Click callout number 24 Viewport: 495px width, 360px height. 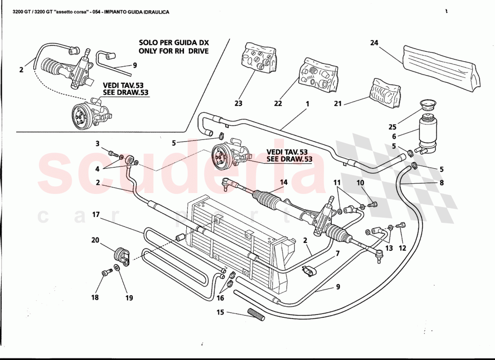[374, 43]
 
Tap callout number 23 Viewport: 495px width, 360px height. [238, 103]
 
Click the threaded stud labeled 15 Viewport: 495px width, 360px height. [256, 314]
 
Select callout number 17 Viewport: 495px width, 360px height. [95, 215]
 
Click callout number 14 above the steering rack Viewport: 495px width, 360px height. [283, 182]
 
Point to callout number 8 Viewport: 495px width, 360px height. [441, 183]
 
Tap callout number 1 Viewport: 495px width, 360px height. [307, 103]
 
